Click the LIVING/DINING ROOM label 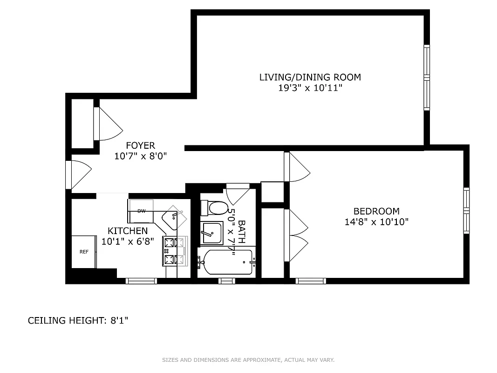click(x=310, y=77)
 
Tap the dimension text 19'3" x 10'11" click(x=310, y=88)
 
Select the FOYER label click(x=140, y=145)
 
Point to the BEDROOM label click(x=376, y=211)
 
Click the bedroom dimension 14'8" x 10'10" click(x=376, y=222)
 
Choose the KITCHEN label click(x=128, y=231)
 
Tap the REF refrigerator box click(x=84, y=252)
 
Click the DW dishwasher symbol click(x=141, y=211)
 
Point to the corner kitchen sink click(x=174, y=217)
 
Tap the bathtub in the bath click(x=226, y=262)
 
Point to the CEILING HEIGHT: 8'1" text click(x=78, y=320)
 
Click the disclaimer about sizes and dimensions click(x=248, y=360)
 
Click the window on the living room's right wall click(x=426, y=77)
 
